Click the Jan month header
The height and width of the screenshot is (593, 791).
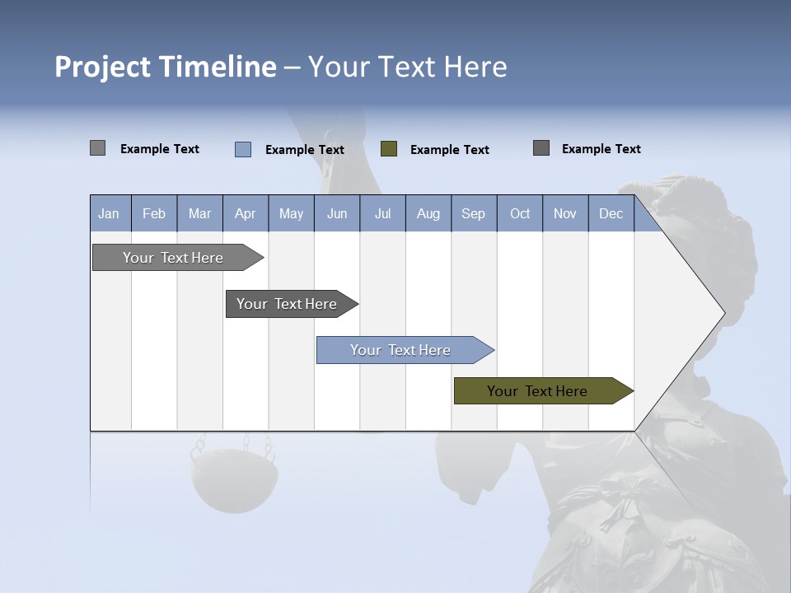pyautogui.click(x=109, y=214)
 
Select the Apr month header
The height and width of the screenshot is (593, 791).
pyautogui.click(x=245, y=214)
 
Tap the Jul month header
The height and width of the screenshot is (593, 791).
pyautogui.click(x=382, y=214)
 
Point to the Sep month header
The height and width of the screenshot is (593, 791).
pyautogui.click(x=473, y=214)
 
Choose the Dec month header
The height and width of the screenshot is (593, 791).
pyautogui.click(x=611, y=214)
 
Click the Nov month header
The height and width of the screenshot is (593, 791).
pyautogui.click(x=564, y=214)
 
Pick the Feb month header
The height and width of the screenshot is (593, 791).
pyautogui.click(x=154, y=214)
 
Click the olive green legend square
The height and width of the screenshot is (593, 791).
pyautogui.click(x=389, y=149)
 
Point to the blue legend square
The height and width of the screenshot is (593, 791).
pyautogui.click(x=243, y=149)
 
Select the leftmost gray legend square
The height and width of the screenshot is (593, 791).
pyautogui.click(x=97, y=148)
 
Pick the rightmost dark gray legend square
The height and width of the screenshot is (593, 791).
pyautogui.click(x=541, y=148)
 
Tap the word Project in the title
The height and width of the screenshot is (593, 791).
pyautogui.click(x=103, y=67)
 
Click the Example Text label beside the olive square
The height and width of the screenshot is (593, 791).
pyautogui.click(x=449, y=150)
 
